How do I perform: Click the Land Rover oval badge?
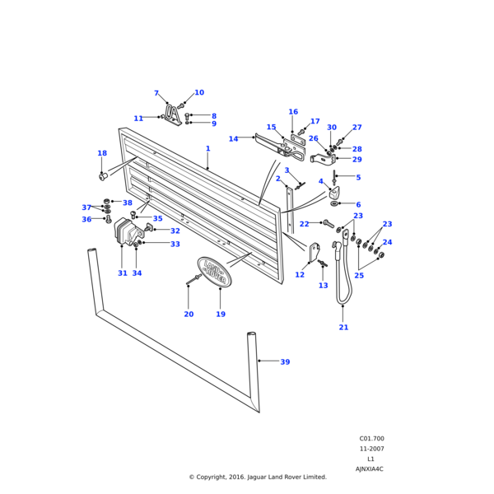click(x=214, y=271)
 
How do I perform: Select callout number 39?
click(x=285, y=362)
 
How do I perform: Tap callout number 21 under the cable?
click(x=343, y=328)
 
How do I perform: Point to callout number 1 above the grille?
click(x=207, y=149)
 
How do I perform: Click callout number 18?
click(x=102, y=153)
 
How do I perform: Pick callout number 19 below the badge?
click(x=221, y=314)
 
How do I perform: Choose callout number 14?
click(x=233, y=139)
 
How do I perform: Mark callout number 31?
click(x=123, y=273)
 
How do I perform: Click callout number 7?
click(x=156, y=94)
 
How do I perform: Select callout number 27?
click(x=357, y=128)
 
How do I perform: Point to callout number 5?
click(x=358, y=177)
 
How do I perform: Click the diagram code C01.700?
click(x=371, y=439)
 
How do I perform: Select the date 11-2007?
click(x=371, y=449)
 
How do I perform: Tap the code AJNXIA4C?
click(x=370, y=468)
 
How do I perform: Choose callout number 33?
click(x=175, y=244)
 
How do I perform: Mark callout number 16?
click(x=293, y=112)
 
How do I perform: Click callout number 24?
click(x=387, y=243)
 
